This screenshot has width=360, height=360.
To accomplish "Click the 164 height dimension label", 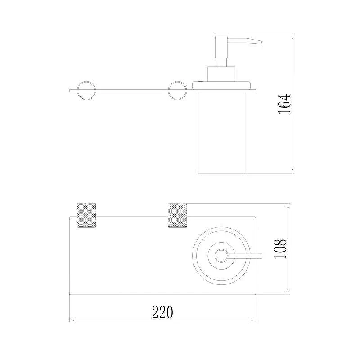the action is click(x=284, y=104).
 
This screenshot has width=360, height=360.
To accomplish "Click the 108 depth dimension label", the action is click(x=280, y=249).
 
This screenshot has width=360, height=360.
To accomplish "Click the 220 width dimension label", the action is click(x=162, y=312).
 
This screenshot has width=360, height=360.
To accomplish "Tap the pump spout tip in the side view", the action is click(x=261, y=42).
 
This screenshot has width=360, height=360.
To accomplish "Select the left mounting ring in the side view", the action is click(x=78, y=90).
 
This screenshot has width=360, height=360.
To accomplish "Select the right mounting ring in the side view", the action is click(x=168, y=90).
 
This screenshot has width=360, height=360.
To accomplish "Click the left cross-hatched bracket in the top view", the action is click(x=86, y=215).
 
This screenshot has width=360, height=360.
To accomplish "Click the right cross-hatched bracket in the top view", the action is click(x=177, y=215).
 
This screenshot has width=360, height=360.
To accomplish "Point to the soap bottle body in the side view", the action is click(x=221, y=132).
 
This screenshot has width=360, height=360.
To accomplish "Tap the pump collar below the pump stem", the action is click(x=221, y=74).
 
